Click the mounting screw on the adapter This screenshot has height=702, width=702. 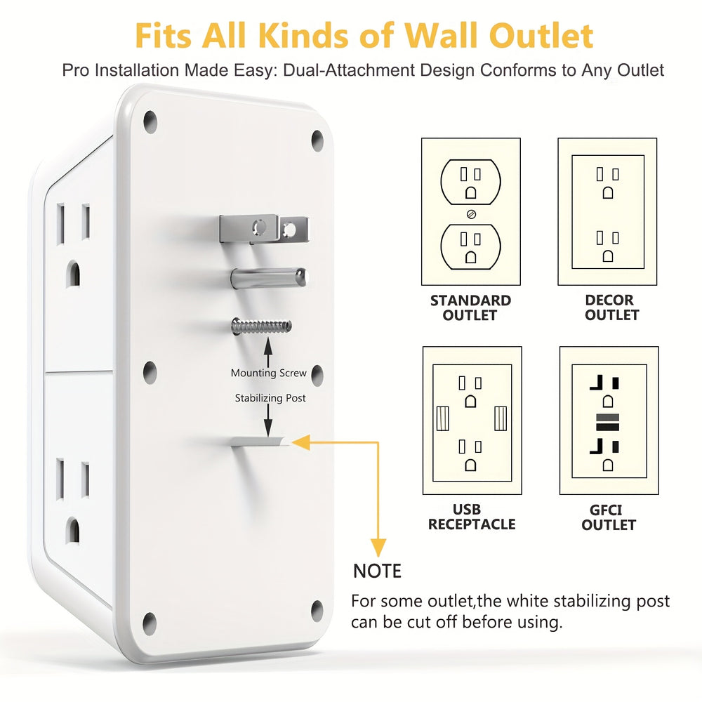click(x=260, y=327)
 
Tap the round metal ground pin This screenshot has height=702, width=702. click(x=269, y=277)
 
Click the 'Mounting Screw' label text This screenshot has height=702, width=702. click(x=269, y=373)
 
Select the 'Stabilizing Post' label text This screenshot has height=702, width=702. click(x=270, y=398)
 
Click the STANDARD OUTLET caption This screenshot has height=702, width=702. click(x=470, y=307)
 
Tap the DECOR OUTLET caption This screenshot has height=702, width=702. click(x=609, y=307)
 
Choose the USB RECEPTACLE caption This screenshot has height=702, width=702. click(x=471, y=517)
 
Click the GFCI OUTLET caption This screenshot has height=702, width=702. click(x=609, y=517)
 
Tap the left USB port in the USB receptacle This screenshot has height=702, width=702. click(x=442, y=418)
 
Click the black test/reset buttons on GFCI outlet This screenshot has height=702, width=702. click(x=609, y=422)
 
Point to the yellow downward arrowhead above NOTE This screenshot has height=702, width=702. click(x=378, y=547)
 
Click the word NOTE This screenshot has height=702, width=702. click(x=377, y=571)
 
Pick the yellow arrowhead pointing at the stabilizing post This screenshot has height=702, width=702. click(x=300, y=442)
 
